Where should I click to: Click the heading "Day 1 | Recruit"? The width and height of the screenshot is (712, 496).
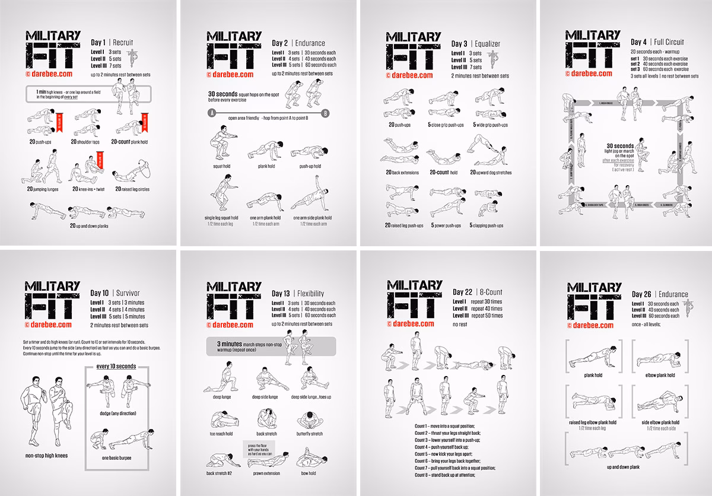coord(112,43)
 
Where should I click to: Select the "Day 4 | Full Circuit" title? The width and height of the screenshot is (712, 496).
coord(657,43)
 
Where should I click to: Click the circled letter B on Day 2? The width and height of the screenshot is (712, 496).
coord(325,113)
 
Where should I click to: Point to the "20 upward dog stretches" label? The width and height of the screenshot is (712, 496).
coord(491,173)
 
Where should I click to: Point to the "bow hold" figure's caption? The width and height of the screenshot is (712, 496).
coord(307,473)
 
